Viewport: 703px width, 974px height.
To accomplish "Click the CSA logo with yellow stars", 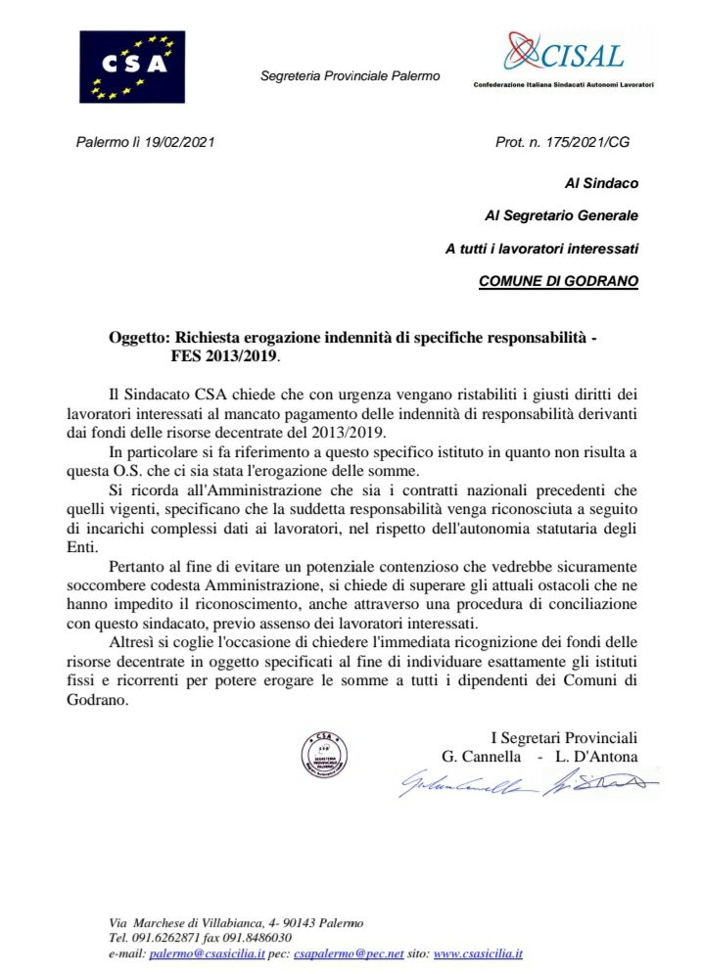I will click(132, 67).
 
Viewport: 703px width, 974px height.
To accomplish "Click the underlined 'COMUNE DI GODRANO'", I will click(558, 281).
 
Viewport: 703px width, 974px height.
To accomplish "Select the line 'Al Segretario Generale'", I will click(562, 215).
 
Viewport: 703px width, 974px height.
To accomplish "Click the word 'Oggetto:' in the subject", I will click(140, 338).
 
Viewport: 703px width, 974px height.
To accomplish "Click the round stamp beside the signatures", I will click(322, 756).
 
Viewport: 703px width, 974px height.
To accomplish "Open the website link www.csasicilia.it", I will click(478, 952).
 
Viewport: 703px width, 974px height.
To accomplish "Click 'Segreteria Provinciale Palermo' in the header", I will click(351, 76).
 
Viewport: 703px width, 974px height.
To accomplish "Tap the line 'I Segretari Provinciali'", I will click(564, 737).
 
